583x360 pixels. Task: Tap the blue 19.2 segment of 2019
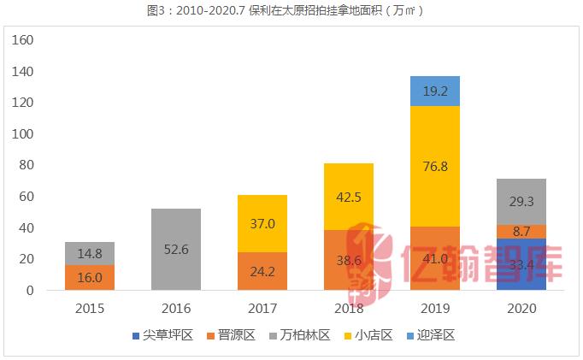click(435, 91)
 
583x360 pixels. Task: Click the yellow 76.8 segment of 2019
click(435, 166)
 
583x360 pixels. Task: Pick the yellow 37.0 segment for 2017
click(262, 223)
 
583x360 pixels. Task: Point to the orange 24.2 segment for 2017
click(262, 271)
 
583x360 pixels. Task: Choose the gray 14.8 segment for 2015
click(90, 253)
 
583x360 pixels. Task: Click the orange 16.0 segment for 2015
click(90, 278)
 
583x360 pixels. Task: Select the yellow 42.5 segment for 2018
click(349, 197)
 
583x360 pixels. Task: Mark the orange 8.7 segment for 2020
click(521, 231)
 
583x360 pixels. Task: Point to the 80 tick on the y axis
click(26, 165)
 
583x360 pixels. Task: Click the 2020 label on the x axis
click(521, 307)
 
